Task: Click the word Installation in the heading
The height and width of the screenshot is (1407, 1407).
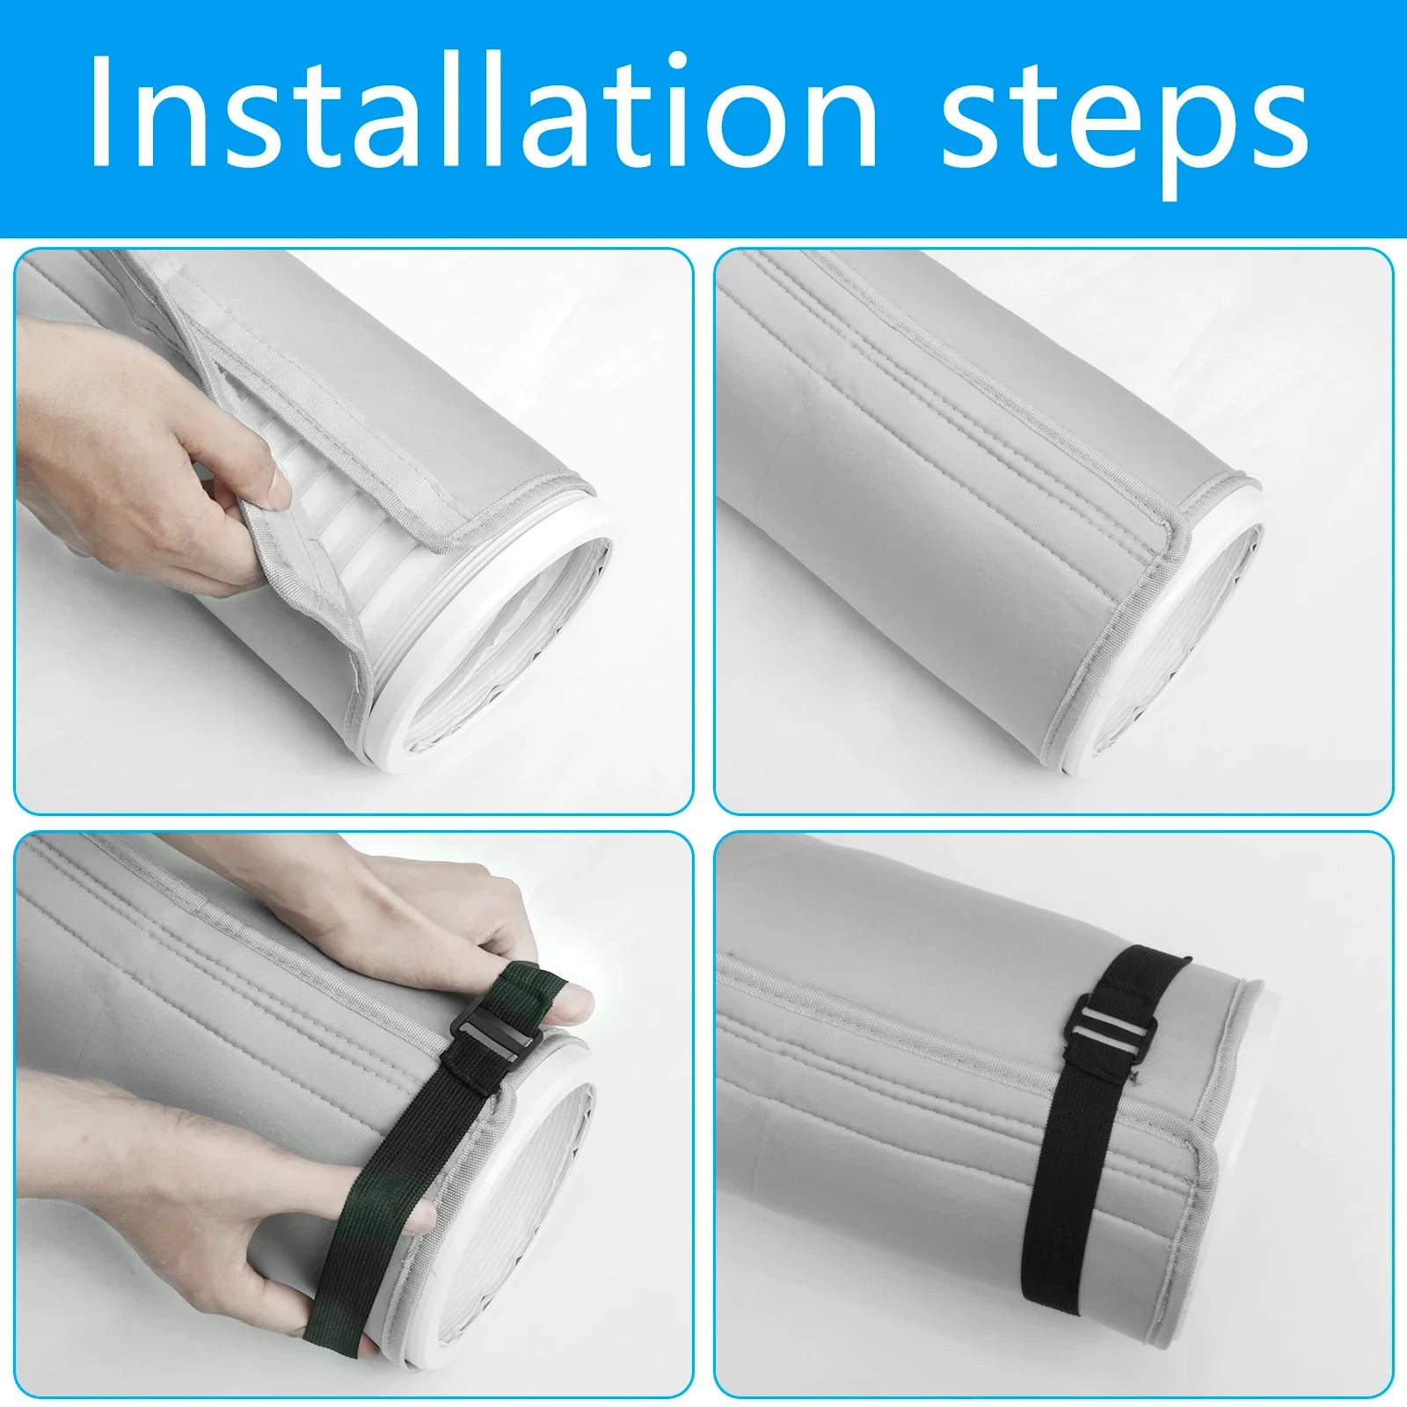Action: [x=483, y=113]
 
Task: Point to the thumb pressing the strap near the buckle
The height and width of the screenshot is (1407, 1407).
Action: [x=572, y=1000]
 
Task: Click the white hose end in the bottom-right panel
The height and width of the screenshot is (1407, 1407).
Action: [x=1231, y=1143]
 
